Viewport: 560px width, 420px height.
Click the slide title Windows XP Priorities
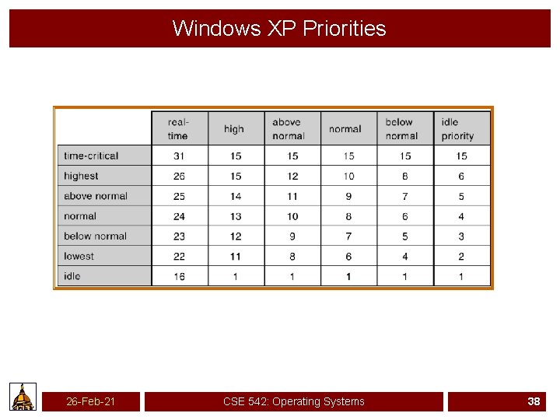(x=279, y=29)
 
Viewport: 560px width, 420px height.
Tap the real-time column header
(x=178, y=129)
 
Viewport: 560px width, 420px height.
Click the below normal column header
(x=401, y=129)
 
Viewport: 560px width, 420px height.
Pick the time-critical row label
(x=91, y=156)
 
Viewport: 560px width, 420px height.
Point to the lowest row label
(x=79, y=257)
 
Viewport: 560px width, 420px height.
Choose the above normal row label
(x=96, y=196)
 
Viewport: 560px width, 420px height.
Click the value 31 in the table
(x=179, y=156)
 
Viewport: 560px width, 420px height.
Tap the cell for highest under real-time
(x=179, y=177)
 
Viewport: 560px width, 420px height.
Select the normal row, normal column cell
(x=348, y=216)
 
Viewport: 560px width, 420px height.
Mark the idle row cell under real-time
(x=179, y=277)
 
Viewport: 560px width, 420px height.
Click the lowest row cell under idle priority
(x=461, y=257)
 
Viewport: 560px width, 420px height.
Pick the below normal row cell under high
(x=236, y=236)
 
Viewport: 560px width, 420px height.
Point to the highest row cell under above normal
(x=292, y=177)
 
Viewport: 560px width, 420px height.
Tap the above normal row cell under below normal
(x=405, y=196)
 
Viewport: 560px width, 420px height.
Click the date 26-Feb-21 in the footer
(x=90, y=401)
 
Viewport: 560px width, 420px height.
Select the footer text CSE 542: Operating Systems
(x=293, y=401)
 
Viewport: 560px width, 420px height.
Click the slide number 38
(x=534, y=401)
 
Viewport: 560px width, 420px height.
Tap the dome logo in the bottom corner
(x=23, y=397)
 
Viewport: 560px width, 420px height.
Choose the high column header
(x=233, y=129)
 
